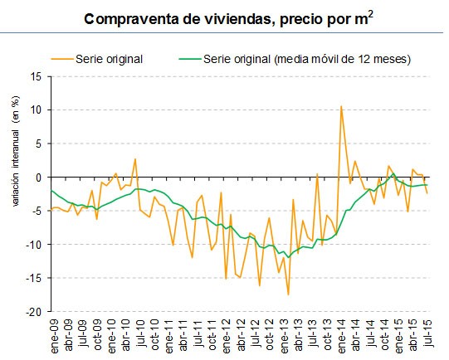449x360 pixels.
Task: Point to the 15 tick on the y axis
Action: tap(36, 76)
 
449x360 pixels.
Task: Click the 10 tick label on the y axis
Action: tap(36, 109)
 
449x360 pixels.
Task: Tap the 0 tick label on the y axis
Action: tap(38, 178)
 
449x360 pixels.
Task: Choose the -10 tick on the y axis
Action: tap(34, 245)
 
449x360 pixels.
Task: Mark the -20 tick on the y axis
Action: tap(34, 312)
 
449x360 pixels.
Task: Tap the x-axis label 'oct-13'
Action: tap(326, 336)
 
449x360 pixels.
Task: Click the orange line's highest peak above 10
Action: tap(341, 106)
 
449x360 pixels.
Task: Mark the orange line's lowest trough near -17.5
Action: tap(288, 294)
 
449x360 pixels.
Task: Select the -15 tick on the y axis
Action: tap(34, 279)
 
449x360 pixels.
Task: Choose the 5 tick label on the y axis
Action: tap(38, 144)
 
